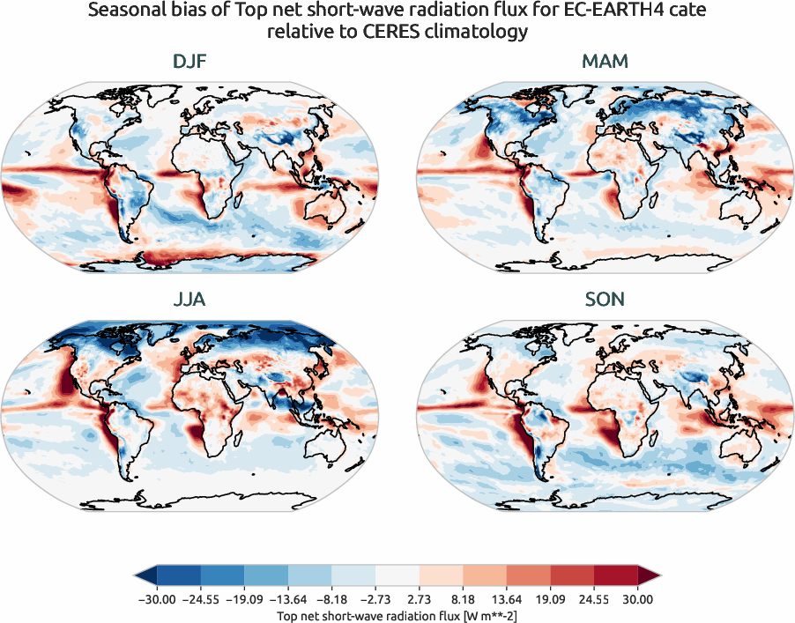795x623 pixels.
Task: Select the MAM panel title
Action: pyautogui.click(x=604, y=63)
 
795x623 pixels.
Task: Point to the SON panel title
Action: pyautogui.click(x=604, y=300)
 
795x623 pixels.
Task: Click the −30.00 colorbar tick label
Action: pyautogui.click(x=157, y=599)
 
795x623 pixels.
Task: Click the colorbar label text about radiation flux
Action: pyautogui.click(x=397, y=614)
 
